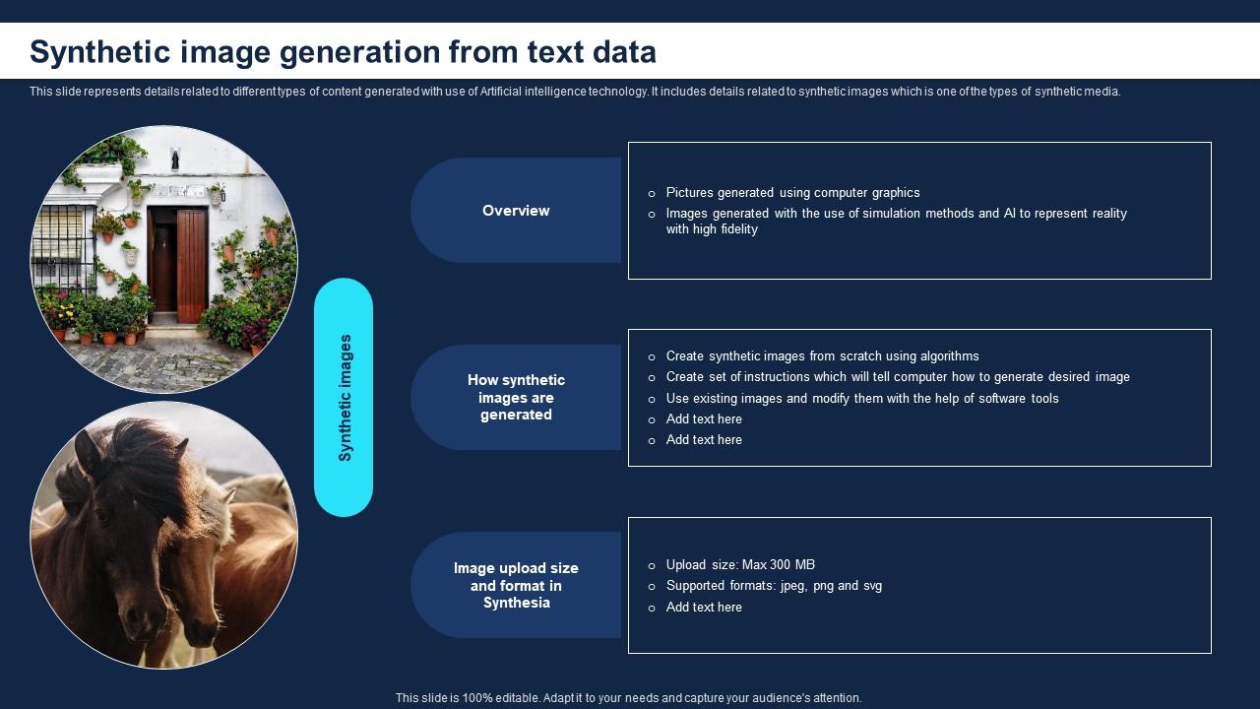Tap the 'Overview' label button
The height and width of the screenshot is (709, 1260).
(x=516, y=211)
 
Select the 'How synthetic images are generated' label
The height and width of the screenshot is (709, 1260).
(x=516, y=398)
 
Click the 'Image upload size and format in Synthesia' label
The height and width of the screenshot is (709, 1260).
(x=516, y=586)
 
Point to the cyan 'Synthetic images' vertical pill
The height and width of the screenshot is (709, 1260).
(x=344, y=397)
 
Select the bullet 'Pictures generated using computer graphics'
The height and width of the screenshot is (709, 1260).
(x=792, y=193)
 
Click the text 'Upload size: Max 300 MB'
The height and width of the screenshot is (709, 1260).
(x=740, y=565)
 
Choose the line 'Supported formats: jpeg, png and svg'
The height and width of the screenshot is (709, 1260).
(x=774, y=586)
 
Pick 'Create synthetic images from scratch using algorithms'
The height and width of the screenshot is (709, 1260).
(x=822, y=356)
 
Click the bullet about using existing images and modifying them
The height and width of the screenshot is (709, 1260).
(x=861, y=399)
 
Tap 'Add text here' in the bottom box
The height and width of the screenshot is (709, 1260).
(x=704, y=608)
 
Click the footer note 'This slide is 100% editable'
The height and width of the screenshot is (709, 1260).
(x=628, y=698)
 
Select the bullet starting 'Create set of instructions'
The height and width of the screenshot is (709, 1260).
(x=897, y=377)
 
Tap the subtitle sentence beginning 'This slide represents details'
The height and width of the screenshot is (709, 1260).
(x=575, y=92)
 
